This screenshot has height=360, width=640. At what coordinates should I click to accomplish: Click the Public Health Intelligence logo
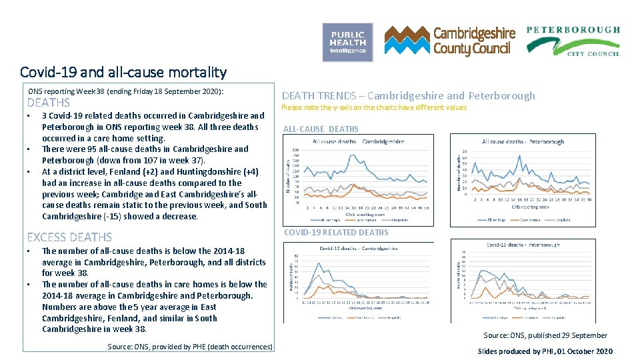[x=347, y=42]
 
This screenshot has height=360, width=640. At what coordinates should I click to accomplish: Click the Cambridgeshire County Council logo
[x=450, y=41]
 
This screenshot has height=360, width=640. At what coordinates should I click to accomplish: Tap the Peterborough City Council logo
[x=573, y=41]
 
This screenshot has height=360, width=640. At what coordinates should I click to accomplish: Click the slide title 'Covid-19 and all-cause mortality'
[x=123, y=72]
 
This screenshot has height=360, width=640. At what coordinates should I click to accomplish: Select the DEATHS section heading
[x=48, y=103]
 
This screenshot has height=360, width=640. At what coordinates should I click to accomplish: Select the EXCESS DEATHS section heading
[x=69, y=237]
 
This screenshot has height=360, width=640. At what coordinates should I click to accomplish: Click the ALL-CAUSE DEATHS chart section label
[x=321, y=129]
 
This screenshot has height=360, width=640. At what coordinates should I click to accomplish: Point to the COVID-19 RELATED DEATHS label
[x=336, y=233]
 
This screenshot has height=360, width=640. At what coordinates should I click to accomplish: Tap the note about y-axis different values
[x=374, y=107]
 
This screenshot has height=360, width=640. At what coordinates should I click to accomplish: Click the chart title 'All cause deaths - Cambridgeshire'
[x=358, y=141]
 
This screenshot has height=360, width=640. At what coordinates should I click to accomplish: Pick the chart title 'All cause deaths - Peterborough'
[x=523, y=141]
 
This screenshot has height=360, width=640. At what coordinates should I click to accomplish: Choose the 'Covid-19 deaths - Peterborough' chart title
[x=523, y=245]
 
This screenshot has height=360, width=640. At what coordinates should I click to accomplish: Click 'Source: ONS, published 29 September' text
[x=545, y=335]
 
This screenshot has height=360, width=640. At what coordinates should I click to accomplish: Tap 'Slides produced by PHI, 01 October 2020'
[x=545, y=351]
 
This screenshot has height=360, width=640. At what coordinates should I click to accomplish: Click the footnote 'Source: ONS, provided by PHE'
[x=190, y=347]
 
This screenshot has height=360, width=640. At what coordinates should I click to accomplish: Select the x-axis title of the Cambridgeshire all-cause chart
[x=359, y=213]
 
